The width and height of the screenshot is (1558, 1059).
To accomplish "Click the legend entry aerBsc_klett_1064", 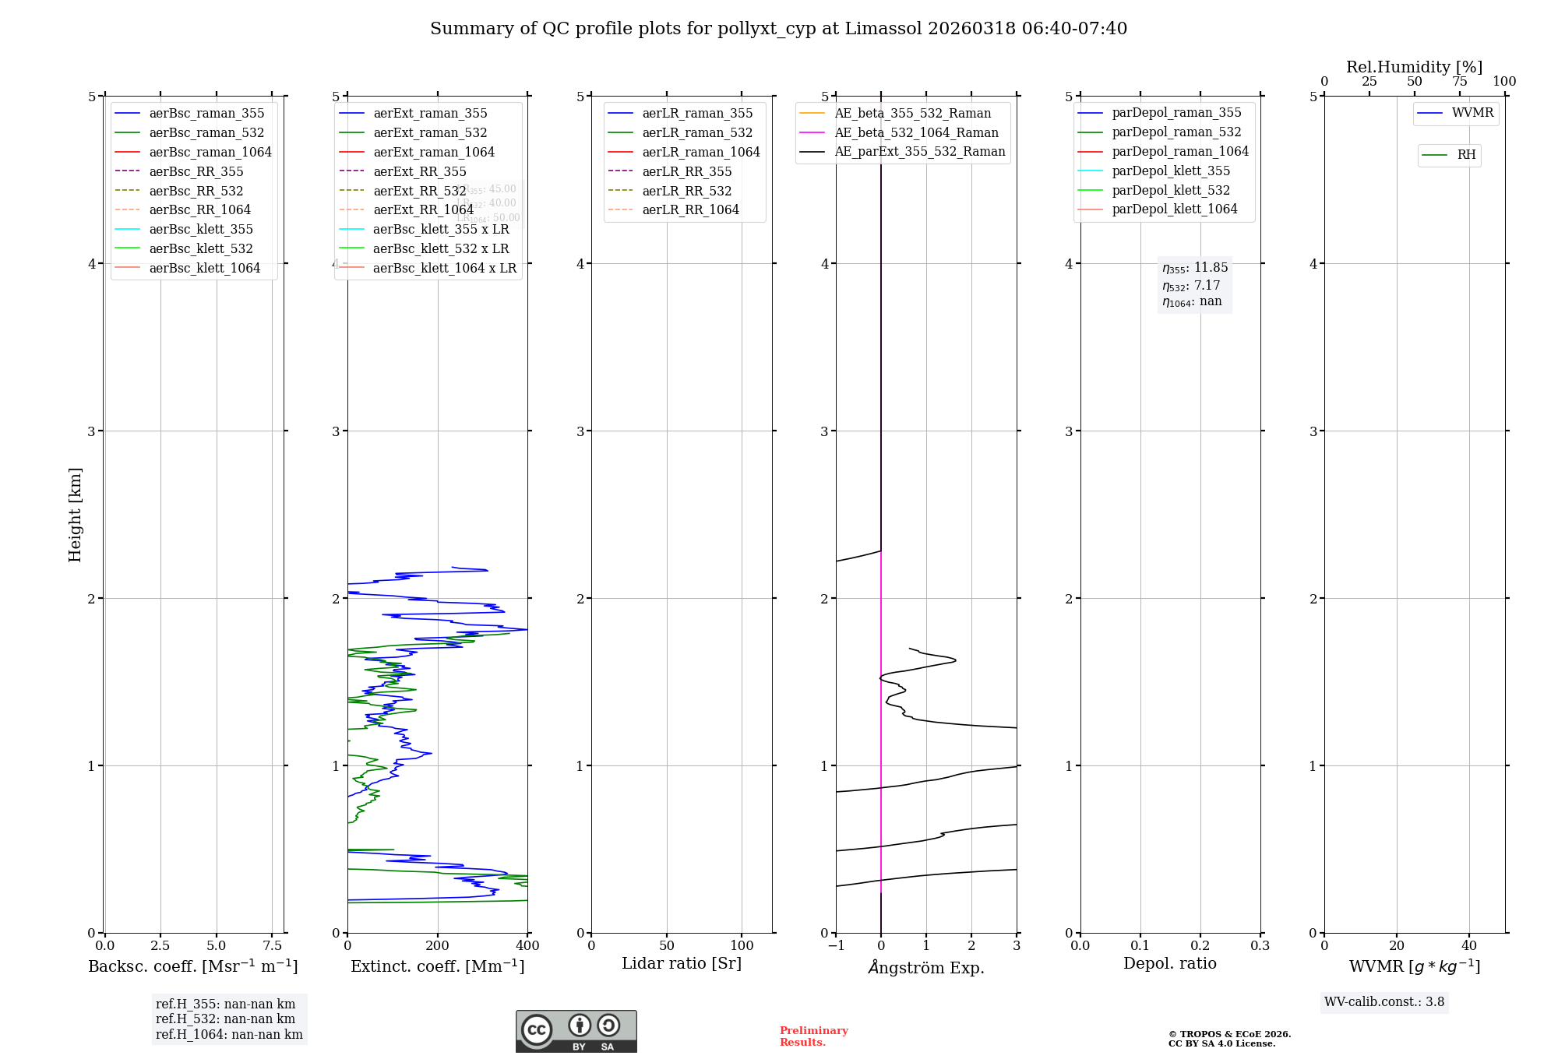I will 204,268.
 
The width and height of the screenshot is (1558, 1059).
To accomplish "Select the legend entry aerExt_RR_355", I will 419,171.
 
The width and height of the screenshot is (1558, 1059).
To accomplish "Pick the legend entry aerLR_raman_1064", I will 700,152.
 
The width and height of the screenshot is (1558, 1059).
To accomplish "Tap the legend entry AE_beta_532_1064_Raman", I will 916,132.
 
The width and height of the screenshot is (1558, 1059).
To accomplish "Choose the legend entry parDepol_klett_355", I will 1170,171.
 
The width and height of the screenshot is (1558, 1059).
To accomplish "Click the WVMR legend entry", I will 1472,113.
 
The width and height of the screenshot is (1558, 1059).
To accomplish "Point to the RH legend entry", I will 1465,155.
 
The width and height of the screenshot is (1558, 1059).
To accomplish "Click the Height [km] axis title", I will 75,514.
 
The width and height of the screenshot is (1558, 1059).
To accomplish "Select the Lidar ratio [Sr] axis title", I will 682,963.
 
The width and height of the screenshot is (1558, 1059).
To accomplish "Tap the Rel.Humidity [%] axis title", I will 1414,67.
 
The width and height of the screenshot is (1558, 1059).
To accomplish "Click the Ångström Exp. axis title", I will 926,967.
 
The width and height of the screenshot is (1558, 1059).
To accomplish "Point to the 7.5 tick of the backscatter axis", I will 272,946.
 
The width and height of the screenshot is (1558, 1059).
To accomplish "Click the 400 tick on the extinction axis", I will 527,946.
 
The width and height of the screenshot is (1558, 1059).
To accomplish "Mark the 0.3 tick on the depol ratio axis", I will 1260,946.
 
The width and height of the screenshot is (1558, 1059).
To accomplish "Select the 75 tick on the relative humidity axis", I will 1459,82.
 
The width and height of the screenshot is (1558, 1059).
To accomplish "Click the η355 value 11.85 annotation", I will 1195,268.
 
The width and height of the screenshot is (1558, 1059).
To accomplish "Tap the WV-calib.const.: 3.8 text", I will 1384,1002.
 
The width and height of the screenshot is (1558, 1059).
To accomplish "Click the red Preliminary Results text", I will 813,1036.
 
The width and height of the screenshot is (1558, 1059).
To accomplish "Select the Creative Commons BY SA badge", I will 576,1032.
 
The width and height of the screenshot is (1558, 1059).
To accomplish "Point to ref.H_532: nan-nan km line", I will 225,1019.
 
